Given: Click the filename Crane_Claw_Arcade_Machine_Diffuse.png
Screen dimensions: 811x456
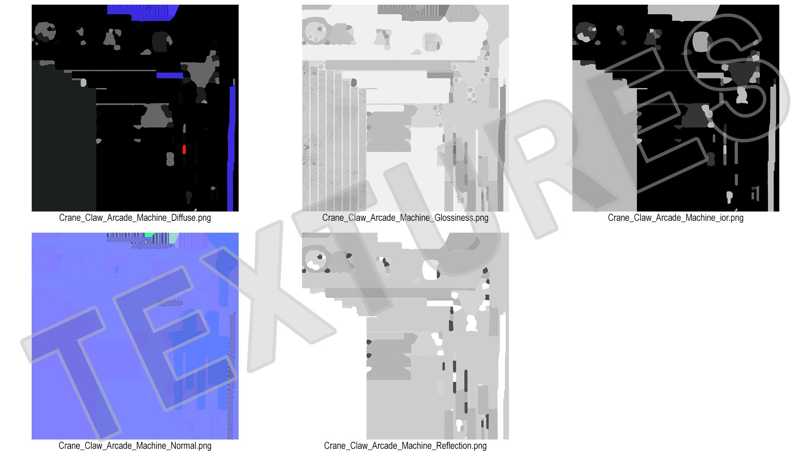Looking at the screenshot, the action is point(135,218).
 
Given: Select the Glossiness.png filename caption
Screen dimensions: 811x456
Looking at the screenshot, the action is point(405,218).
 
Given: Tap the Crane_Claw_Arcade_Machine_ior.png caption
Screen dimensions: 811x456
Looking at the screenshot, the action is point(675,218).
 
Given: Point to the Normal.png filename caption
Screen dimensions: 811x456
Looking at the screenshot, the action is point(135,446).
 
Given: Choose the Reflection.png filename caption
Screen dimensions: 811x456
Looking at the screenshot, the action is point(405,446).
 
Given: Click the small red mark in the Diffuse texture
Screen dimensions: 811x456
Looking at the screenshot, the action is point(184,149).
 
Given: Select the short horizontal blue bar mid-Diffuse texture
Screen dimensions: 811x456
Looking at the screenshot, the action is point(170,76).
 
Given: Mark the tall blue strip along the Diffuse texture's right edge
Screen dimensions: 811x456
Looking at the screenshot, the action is point(231,148).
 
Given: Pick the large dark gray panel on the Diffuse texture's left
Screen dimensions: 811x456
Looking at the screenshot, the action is point(64,139).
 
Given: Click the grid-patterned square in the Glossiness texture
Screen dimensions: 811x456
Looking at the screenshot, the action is point(431,42).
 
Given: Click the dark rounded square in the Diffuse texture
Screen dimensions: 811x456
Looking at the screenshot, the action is point(161,41).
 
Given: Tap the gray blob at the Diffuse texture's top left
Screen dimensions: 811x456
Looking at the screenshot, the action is point(44,31).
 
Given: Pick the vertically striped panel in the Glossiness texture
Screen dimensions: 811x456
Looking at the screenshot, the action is point(334,139).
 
